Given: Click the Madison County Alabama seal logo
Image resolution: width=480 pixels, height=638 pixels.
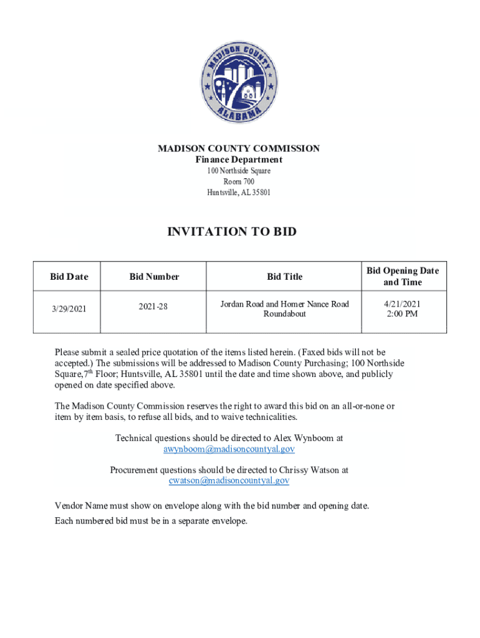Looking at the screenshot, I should (239, 82).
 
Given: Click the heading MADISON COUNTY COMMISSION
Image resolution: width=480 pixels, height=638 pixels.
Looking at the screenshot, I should (239, 148).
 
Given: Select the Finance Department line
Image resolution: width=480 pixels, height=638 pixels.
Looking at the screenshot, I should (239, 160).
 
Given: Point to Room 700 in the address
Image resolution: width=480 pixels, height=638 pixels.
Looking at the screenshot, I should (239, 181).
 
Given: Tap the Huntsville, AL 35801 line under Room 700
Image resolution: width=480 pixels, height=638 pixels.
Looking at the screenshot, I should (239, 192).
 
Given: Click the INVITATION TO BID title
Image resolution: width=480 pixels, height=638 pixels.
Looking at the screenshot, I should (232, 232).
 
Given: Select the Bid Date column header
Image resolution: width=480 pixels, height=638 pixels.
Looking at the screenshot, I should (69, 276).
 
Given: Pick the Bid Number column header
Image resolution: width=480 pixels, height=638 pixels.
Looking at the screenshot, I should (154, 276).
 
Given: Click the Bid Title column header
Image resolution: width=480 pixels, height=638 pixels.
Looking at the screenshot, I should (284, 276).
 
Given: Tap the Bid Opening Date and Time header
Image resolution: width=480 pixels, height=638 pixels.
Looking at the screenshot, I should (403, 276).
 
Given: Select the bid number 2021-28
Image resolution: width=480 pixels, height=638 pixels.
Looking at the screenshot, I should (154, 306).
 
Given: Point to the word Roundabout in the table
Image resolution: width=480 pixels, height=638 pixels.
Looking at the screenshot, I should (284, 314).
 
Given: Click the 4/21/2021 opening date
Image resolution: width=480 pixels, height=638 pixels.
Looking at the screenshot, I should (403, 303).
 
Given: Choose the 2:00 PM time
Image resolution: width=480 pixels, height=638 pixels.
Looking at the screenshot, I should (403, 314).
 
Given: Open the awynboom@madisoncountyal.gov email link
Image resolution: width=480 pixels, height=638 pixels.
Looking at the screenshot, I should (229, 449).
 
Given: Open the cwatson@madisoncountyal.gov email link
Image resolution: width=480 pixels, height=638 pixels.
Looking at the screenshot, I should (229, 480).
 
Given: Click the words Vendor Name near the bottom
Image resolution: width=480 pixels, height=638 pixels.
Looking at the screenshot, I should (79, 505).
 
